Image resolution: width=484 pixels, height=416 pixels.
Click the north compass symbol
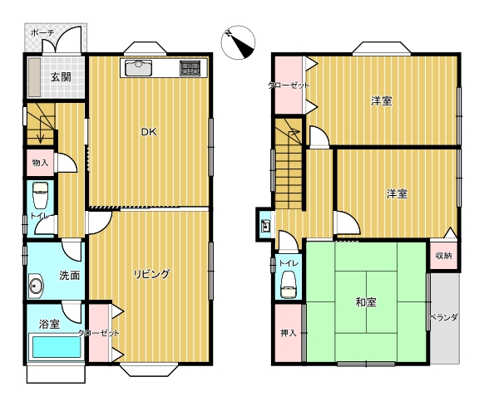click(x=238, y=42)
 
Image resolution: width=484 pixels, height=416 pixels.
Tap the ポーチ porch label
click(x=42, y=32)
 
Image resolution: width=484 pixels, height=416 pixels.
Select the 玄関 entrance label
click(x=61, y=77)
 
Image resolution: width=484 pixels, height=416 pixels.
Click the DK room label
click(x=149, y=132)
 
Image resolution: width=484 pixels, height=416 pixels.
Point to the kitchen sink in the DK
click(x=138, y=68)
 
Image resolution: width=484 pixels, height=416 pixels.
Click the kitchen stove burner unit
click(x=190, y=68)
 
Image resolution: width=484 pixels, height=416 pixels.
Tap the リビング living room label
click(x=152, y=274)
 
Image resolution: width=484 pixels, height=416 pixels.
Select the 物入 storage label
click(x=41, y=163)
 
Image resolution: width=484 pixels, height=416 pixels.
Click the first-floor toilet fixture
click(x=41, y=195)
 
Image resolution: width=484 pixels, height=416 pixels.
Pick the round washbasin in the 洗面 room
click(x=36, y=286)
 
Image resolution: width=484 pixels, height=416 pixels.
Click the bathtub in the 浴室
click(x=56, y=347)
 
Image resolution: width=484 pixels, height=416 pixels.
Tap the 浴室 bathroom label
click(x=49, y=324)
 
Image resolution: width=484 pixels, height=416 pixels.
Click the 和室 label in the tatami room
click(x=366, y=302)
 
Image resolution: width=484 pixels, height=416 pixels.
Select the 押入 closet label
click(x=289, y=333)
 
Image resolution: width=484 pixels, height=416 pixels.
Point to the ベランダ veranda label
click(x=444, y=317)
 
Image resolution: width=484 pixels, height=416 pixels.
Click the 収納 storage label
click(x=444, y=255)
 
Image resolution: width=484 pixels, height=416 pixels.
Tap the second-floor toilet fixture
click(x=289, y=285)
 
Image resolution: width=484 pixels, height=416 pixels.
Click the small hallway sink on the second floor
click(x=265, y=226)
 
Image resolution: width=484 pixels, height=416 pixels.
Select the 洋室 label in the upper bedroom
click(x=382, y=100)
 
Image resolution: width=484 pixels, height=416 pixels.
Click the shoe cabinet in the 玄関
click(x=35, y=77)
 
